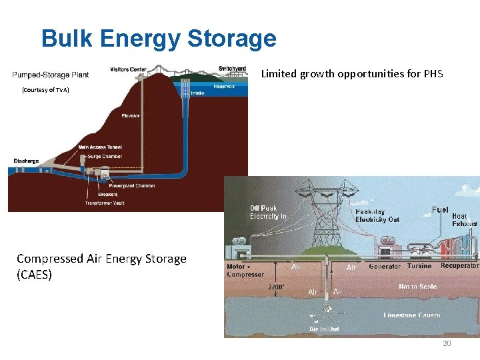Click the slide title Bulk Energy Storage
pos(159,38)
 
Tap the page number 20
pos(447,343)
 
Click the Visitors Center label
pos(128,69)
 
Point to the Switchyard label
pos(232,69)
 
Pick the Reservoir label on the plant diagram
pos(225,87)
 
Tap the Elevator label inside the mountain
pos(131,116)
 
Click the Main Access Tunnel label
pos(100,147)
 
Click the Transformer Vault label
pos(110,203)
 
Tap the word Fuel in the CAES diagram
pos(440,209)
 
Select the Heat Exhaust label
pos(465,220)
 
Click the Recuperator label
pos(459,266)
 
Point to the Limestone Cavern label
pos(412,315)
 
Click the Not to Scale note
pos(417,287)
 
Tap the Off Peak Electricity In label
pos(268,212)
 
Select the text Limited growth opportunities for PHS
pos(351,74)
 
